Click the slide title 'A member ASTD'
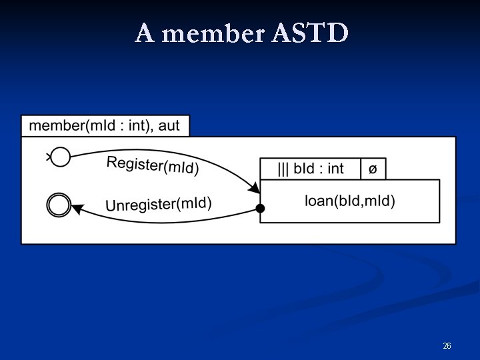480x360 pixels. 241,33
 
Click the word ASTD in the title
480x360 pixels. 311,33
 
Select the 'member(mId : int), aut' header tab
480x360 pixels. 105,125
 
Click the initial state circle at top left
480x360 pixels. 60,157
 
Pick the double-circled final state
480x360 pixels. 59,204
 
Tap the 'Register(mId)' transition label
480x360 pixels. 152,165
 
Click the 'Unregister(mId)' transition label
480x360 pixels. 158,204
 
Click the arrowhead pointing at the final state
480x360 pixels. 76,209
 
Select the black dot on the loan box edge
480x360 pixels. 261,209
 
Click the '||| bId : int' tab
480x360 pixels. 310,169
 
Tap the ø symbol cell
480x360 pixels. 373,169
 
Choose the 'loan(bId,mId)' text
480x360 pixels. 349,200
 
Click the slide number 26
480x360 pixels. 447,346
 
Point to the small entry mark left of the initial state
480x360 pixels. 48,157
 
